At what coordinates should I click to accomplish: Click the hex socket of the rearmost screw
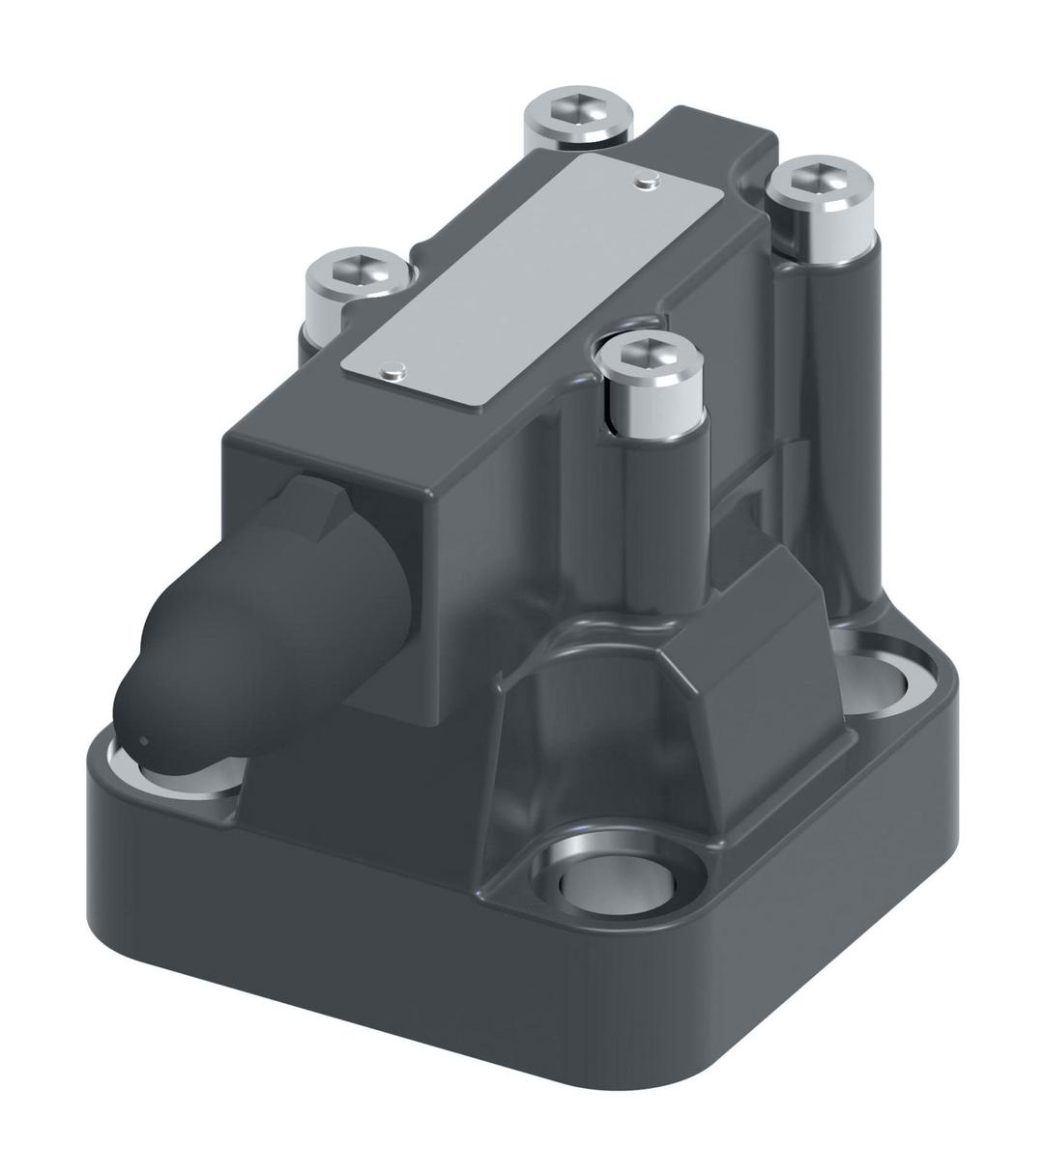[578, 115]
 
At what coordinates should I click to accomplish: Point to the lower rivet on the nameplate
[391, 367]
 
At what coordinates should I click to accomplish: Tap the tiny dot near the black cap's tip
[143, 742]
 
